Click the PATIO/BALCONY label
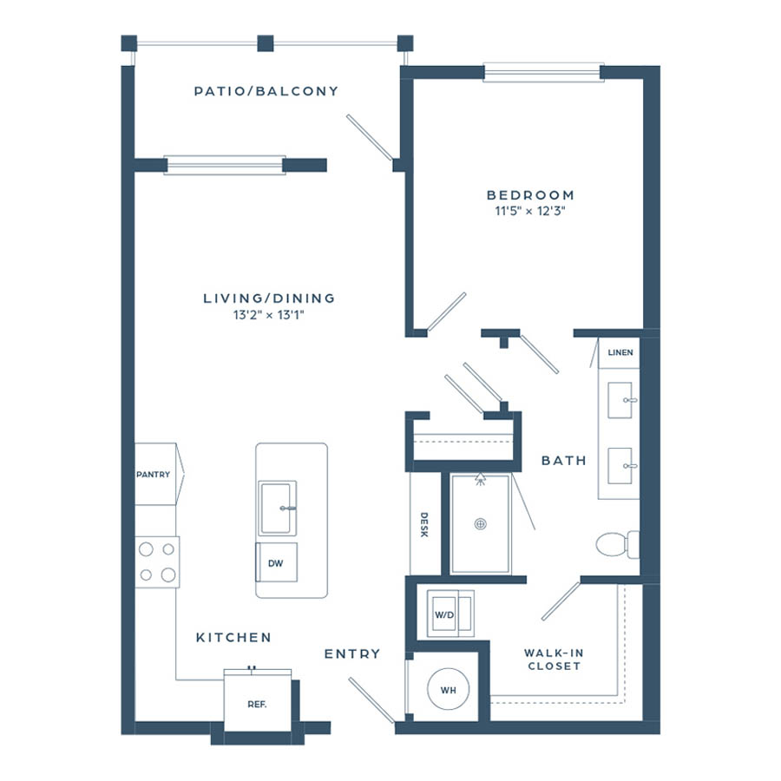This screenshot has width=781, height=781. (266, 91)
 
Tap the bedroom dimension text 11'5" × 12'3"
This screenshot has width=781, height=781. (530, 211)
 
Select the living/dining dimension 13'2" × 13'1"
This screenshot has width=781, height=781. (268, 315)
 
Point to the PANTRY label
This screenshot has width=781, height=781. (154, 474)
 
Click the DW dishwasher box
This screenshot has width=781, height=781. (277, 562)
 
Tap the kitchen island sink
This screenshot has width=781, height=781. (278, 508)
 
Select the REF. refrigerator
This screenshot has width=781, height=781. (258, 701)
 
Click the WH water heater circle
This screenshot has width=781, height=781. (449, 690)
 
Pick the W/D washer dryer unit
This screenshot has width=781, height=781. (450, 614)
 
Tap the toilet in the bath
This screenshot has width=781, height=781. (618, 544)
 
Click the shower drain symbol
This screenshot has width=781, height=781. (480, 524)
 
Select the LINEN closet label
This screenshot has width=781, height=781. (620, 352)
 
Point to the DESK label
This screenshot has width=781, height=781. (423, 525)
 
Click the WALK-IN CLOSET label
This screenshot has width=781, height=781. (554, 660)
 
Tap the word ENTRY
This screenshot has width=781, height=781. (352, 653)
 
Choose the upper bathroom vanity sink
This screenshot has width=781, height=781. (620, 400)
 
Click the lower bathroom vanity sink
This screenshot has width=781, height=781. (620, 466)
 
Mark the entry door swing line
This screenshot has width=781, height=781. (371, 699)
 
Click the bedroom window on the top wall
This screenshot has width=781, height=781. (543, 72)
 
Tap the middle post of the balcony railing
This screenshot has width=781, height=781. (266, 43)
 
